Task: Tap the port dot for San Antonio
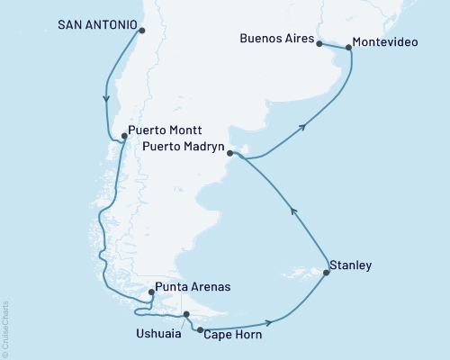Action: [141, 31]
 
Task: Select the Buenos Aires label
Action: [278, 40]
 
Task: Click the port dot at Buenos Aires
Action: [320, 43]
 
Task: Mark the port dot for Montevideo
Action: [349, 47]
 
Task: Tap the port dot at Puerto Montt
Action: [124, 137]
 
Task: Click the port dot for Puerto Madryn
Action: [230, 154]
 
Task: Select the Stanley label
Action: [351, 265]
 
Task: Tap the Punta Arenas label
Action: [193, 287]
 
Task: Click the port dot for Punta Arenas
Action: [150, 292]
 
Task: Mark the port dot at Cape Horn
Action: [200, 329]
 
